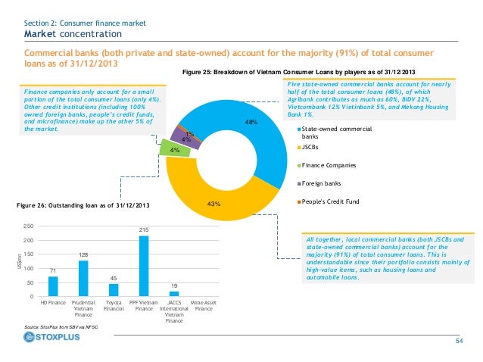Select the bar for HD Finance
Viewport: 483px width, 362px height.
tap(53, 286)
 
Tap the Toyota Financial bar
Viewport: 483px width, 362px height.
tap(114, 289)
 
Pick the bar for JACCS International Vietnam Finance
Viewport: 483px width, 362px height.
tap(174, 293)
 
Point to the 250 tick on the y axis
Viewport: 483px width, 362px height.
tap(28, 226)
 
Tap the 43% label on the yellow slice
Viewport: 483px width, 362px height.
tap(213, 203)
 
